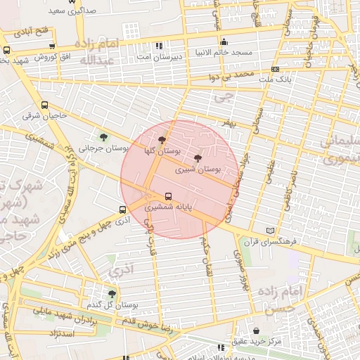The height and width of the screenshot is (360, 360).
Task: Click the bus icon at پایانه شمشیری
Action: tap(168, 197)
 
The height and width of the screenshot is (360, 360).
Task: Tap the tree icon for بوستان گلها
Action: tap(163, 140)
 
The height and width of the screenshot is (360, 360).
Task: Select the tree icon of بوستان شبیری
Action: tap(198, 158)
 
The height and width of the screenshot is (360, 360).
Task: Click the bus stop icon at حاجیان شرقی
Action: tap(45, 105)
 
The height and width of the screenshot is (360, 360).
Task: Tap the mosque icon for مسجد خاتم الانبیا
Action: tap(224, 41)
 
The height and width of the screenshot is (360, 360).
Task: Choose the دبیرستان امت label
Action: tap(163, 54)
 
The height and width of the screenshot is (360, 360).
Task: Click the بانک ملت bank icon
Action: tap(275, 69)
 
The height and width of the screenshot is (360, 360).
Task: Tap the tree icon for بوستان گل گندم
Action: tap(112, 294)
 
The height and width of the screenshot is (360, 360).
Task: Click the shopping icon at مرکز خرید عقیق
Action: tap(255, 330)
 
